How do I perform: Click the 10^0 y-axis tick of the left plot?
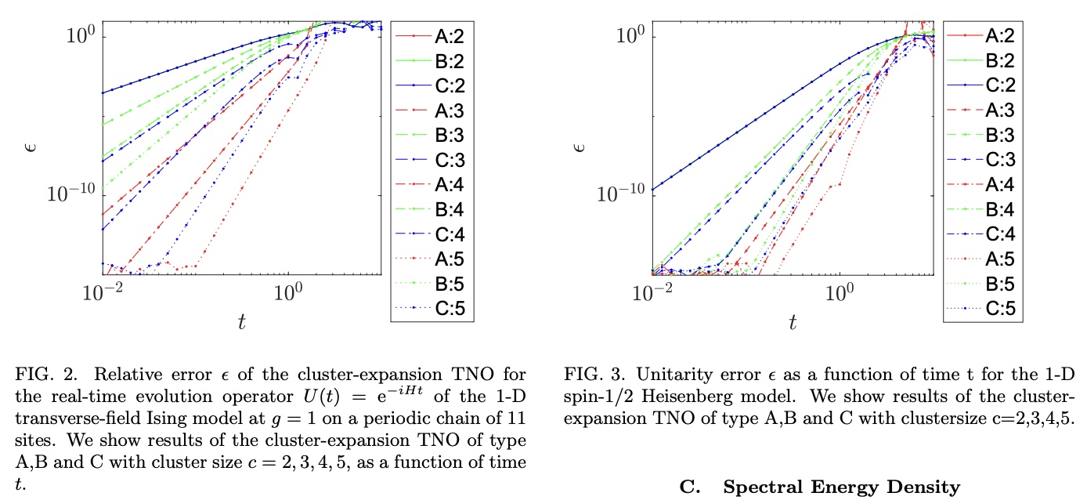[81, 34]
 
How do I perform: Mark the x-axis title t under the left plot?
[241, 321]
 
